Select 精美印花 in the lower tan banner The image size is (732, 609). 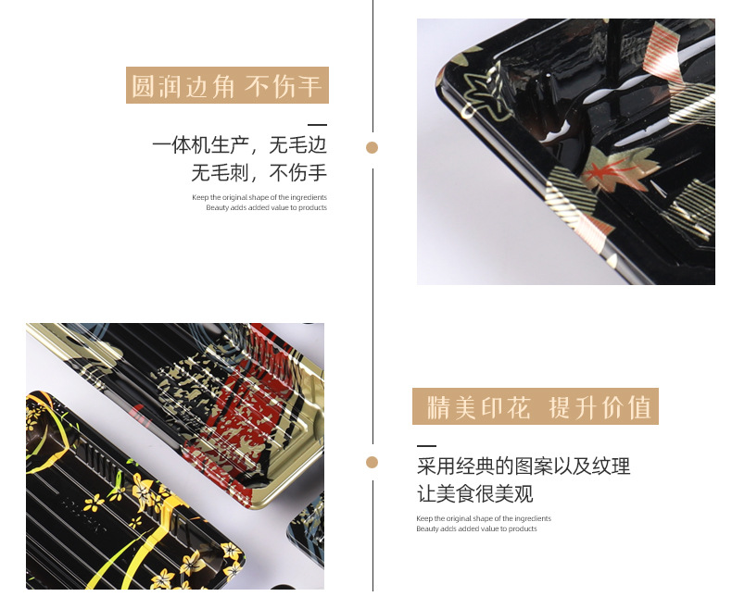[477, 407]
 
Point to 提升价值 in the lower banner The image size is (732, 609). [600, 407]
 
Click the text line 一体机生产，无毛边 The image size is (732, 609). [239, 146]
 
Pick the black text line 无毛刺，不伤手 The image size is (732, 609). [259, 173]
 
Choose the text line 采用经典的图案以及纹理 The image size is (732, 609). [524, 466]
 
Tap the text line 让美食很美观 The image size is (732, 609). [475, 493]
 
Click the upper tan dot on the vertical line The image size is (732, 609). [372, 147]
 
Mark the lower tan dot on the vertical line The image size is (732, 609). [372, 462]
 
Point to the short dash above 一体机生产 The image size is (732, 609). [317, 124]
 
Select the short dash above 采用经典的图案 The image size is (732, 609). [426, 445]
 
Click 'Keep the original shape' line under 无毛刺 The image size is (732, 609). [259, 197]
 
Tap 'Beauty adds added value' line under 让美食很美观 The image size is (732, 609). [476, 528]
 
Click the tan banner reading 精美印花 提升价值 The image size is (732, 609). [535, 407]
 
